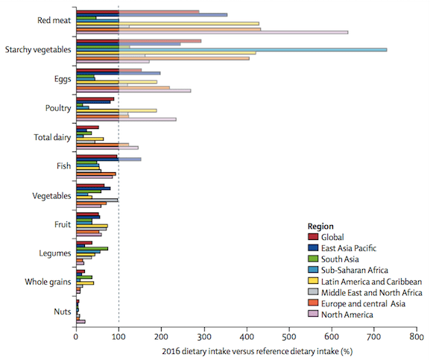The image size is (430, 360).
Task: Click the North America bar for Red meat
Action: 276,32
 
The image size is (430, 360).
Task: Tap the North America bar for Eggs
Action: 138,91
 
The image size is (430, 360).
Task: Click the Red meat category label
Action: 54,20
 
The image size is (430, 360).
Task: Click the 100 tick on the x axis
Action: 118,337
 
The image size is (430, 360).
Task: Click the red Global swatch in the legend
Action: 314,238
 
